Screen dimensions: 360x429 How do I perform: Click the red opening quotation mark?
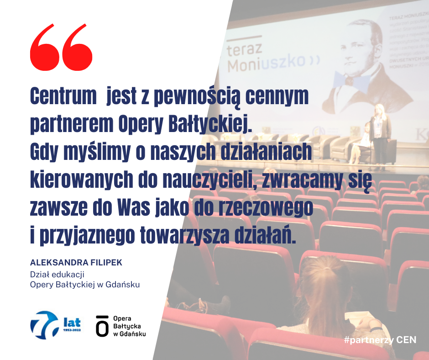tap(61, 47)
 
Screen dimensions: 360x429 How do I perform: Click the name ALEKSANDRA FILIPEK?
tap(76, 263)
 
